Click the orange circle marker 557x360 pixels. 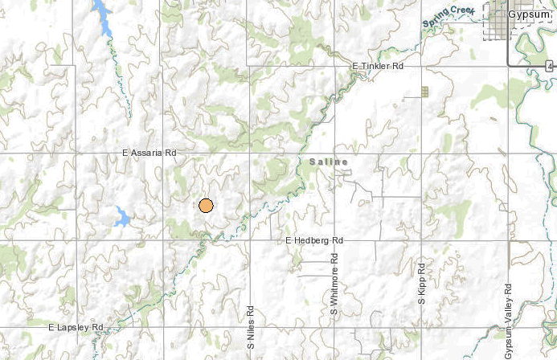coord(206,205)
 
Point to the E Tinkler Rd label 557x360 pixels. coord(377,66)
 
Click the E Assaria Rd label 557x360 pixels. coord(149,152)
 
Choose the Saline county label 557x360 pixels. coord(329,162)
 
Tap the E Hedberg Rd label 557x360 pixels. coord(314,240)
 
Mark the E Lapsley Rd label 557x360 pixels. coord(76,328)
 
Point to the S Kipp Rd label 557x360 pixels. coord(420,281)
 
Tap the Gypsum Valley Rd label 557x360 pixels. coord(508,321)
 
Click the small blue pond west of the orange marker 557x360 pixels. coord(123,215)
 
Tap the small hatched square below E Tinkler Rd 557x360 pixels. coord(424,92)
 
